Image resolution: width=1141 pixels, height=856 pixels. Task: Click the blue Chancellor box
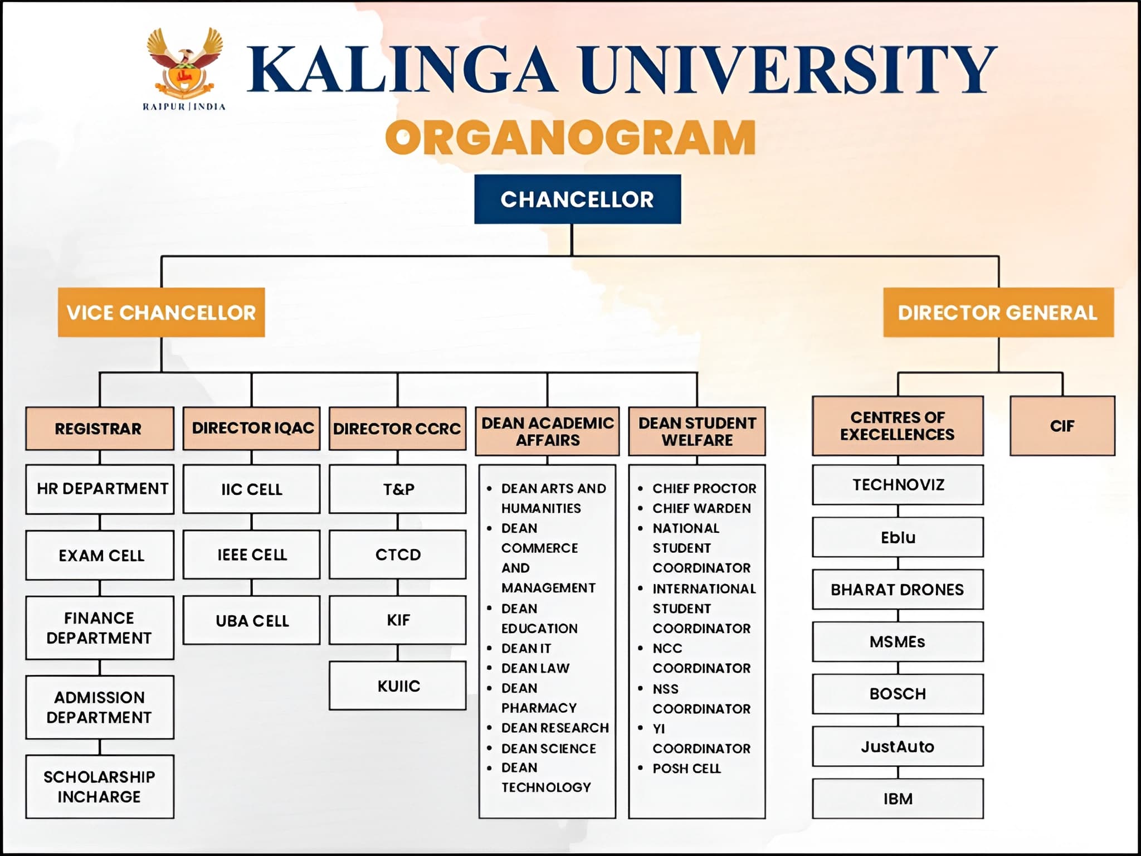[x=577, y=200]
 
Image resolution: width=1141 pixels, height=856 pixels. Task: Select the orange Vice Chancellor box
[x=161, y=313]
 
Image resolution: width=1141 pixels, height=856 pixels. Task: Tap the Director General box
[x=998, y=313]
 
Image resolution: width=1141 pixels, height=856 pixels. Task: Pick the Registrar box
[x=99, y=429]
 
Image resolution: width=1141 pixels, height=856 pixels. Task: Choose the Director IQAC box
[x=252, y=428]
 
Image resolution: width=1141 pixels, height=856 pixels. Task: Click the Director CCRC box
[x=397, y=429]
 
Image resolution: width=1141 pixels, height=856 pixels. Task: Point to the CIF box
[x=1062, y=426]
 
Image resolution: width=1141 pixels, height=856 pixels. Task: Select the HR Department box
[x=100, y=489]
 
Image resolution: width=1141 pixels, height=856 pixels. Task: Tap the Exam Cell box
[x=100, y=555]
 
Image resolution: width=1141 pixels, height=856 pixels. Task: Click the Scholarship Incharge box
[x=100, y=786]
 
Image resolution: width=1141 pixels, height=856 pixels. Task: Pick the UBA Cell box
[x=252, y=620]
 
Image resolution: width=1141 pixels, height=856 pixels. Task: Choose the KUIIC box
[x=398, y=685]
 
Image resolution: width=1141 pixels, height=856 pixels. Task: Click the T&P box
[x=398, y=489]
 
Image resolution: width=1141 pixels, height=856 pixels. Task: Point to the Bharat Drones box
[x=897, y=590]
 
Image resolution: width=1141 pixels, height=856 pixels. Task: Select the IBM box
[x=897, y=799]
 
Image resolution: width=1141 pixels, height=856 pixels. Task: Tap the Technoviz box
[x=897, y=484]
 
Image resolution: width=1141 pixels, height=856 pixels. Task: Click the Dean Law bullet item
[x=535, y=668]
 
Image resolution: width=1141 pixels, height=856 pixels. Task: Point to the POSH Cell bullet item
[x=686, y=769]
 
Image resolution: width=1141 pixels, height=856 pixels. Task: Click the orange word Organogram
[x=570, y=138]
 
